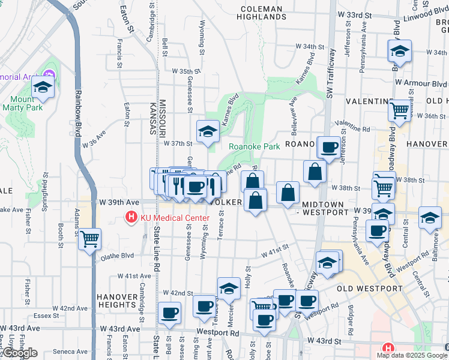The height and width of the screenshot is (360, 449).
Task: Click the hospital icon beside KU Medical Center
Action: (x=130, y=217)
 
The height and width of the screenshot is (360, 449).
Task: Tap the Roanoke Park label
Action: (x=254, y=146)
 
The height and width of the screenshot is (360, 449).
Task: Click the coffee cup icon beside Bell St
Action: (x=170, y=313)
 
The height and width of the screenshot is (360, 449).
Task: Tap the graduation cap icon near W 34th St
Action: (x=399, y=52)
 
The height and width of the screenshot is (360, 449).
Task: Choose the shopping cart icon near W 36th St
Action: (x=399, y=110)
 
